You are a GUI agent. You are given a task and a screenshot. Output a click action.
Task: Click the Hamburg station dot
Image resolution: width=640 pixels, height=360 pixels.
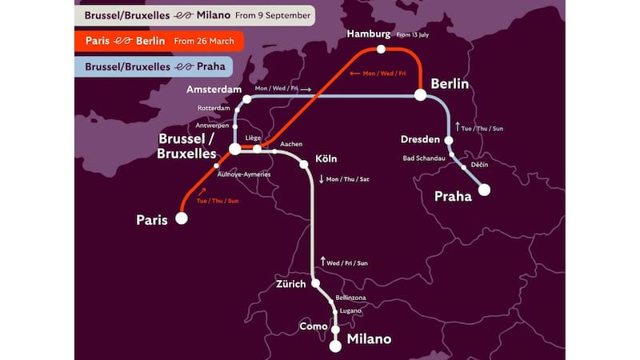(381, 50)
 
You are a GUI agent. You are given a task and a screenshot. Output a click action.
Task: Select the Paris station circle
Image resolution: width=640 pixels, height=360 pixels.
(182, 218)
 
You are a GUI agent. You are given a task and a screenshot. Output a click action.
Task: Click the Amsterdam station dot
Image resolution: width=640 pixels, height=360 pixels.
(247, 99)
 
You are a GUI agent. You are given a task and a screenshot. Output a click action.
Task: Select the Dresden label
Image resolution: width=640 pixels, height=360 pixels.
(421, 140)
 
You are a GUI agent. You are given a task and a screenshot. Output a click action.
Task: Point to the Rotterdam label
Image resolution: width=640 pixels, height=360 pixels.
(214, 108)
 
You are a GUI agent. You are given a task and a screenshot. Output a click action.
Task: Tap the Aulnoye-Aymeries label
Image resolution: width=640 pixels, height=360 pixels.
(244, 174)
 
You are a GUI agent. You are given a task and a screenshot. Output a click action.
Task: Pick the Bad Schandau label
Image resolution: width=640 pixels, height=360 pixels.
(424, 158)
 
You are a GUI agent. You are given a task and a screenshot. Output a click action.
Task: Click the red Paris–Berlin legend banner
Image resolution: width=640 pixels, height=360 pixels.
(159, 40)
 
